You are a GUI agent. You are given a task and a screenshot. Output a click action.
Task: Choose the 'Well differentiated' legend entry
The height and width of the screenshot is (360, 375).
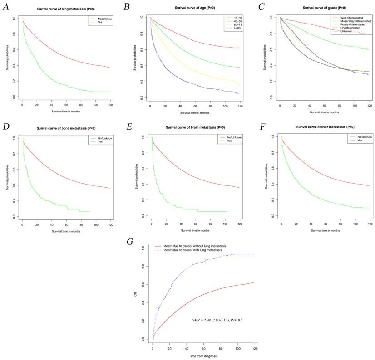click(352, 17)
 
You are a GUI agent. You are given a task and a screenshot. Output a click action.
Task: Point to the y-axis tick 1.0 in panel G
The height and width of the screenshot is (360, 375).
click(144, 248)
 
